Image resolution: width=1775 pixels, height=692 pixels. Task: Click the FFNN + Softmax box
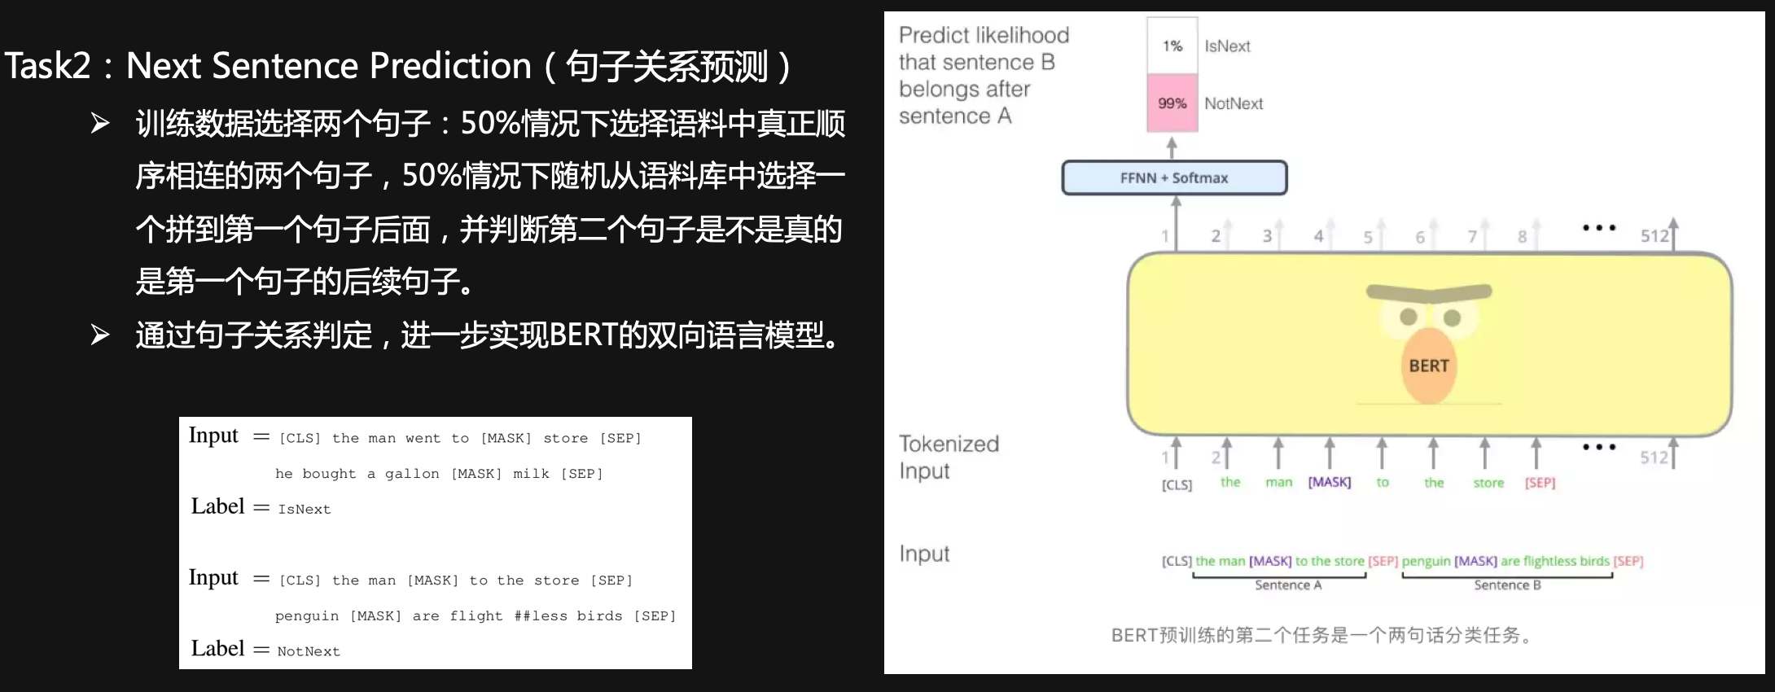click(x=1174, y=177)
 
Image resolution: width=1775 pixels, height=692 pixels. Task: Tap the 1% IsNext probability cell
click(x=1172, y=46)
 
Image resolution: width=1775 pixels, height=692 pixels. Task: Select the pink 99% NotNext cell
click(x=1172, y=103)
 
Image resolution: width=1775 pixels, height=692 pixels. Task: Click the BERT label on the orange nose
click(x=1429, y=366)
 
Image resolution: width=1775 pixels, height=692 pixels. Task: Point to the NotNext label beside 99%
click(x=1234, y=103)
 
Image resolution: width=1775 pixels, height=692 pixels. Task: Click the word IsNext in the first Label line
click(x=305, y=510)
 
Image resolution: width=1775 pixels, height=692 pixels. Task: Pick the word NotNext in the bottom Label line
click(x=309, y=651)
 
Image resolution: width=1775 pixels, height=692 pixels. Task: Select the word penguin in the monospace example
click(x=307, y=616)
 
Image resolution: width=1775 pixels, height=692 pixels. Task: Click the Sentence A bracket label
click(x=1288, y=585)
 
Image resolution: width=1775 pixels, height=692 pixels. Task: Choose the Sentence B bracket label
click(x=1507, y=585)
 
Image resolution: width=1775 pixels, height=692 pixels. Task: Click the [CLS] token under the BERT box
click(x=1177, y=485)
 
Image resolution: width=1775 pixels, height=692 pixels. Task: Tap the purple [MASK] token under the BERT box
click(x=1330, y=482)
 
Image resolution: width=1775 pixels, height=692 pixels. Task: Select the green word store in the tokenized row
click(x=1488, y=483)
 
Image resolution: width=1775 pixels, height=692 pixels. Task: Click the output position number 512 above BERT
click(x=1654, y=236)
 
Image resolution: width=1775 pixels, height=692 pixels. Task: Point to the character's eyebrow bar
click(x=1429, y=291)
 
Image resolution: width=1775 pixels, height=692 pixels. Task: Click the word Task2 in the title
click(x=48, y=66)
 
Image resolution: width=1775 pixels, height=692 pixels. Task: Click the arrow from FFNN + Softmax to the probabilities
click(x=1172, y=147)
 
